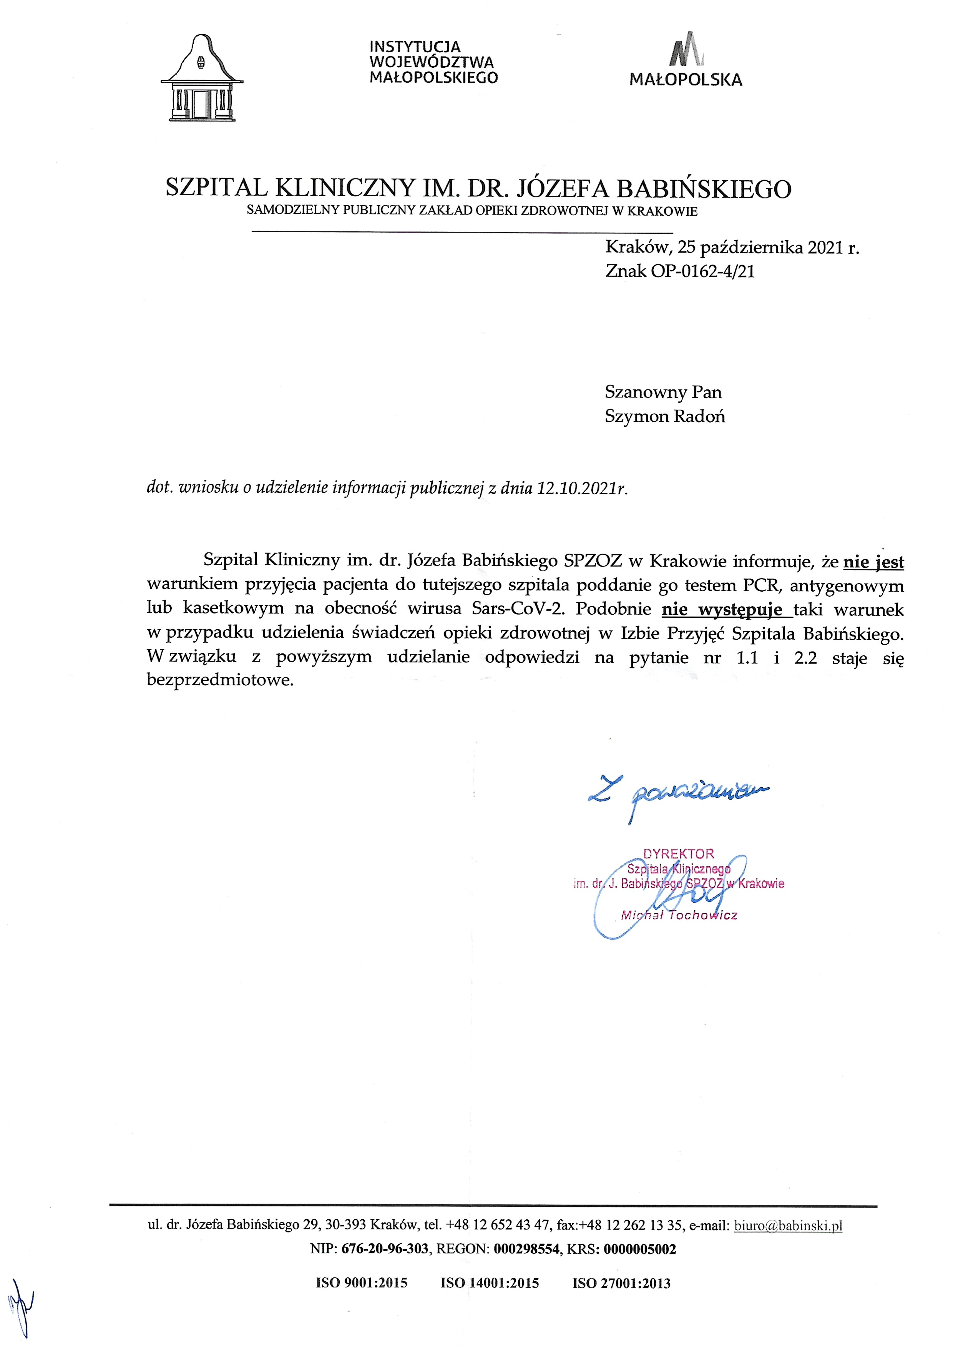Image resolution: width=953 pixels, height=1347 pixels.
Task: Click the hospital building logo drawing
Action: point(202,78)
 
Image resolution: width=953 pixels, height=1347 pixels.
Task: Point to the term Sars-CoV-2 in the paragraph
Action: point(518,609)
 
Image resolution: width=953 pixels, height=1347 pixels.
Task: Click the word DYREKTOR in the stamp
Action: point(679,854)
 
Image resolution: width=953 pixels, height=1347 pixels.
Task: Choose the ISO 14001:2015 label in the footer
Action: point(490,1283)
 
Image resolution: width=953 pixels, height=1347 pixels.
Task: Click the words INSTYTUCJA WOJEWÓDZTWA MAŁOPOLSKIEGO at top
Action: point(433,62)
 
